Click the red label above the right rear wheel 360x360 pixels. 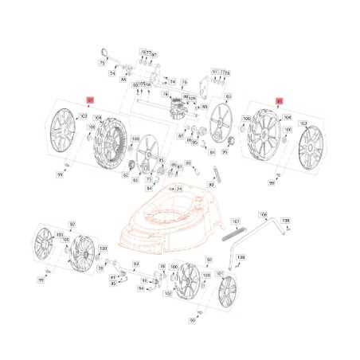click(279, 101)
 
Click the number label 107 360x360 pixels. click(235, 221)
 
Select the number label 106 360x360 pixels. click(264, 213)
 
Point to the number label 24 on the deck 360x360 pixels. click(180, 189)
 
